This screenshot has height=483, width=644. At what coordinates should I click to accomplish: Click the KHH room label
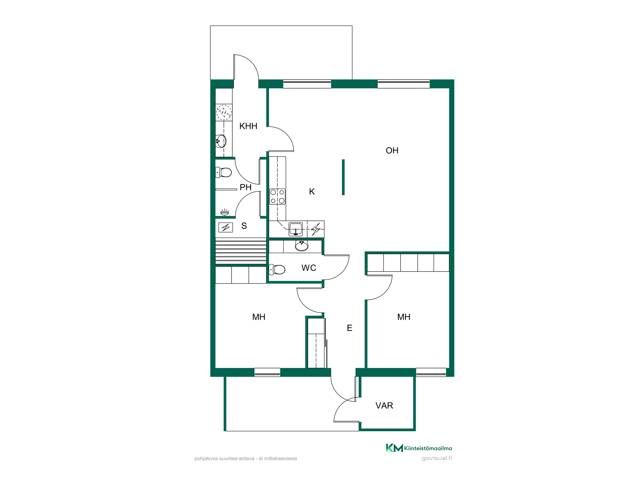tap(248, 126)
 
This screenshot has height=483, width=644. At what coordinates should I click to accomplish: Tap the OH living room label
tap(392, 151)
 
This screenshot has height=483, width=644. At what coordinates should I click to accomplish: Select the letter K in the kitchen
tap(312, 192)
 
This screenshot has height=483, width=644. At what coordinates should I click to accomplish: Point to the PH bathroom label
tap(245, 187)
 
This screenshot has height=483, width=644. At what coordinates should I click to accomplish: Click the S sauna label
tap(244, 226)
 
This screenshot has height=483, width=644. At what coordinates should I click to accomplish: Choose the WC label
tap(309, 268)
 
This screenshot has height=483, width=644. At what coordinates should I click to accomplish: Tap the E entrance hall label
tap(349, 328)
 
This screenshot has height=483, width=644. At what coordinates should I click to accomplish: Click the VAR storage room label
tap(384, 406)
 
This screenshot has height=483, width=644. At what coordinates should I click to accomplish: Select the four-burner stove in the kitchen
tap(277, 196)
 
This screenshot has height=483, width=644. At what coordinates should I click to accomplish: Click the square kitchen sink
tap(296, 229)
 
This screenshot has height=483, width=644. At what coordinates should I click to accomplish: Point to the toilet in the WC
tap(277, 270)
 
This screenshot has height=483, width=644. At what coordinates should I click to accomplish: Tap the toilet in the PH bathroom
tap(223, 173)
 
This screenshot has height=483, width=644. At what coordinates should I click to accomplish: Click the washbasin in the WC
tap(302, 246)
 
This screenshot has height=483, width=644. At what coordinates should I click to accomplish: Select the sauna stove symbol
tap(226, 228)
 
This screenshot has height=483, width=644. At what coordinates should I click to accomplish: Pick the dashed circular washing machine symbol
tap(224, 112)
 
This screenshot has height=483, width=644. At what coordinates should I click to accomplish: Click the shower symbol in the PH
tap(224, 212)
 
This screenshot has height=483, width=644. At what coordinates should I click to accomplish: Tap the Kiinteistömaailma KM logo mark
tap(394, 448)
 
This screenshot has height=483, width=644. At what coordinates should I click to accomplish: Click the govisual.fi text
tap(437, 458)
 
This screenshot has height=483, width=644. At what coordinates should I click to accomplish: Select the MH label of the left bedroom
tap(259, 317)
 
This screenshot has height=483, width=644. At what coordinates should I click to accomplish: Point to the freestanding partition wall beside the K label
tap(343, 177)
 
